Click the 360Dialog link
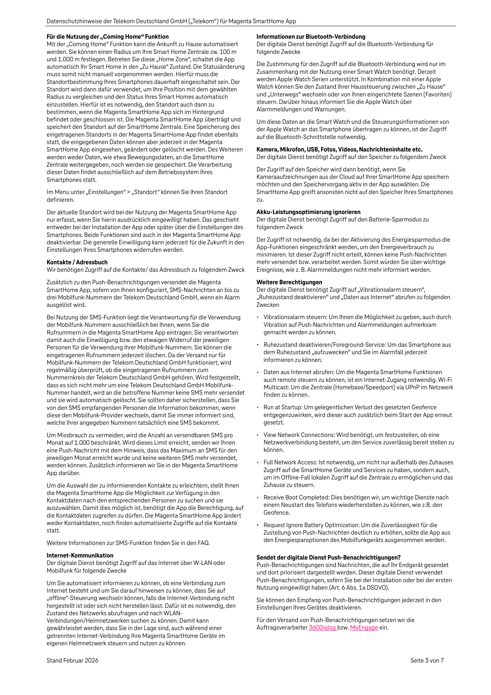tap(322, 627)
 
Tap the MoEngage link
tap(364, 627)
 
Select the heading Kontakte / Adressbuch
tap(77, 262)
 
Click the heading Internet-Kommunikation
tap(80, 555)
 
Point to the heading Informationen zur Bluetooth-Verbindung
tap(311, 37)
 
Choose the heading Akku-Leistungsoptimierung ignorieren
tap(309, 212)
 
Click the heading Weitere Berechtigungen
tap(289, 282)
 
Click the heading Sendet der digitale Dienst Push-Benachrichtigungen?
tap(329, 557)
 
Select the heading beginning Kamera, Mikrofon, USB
tap(339, 149)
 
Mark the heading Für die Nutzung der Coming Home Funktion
tap(107, 37)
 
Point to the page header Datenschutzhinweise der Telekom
tap(171, 21)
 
